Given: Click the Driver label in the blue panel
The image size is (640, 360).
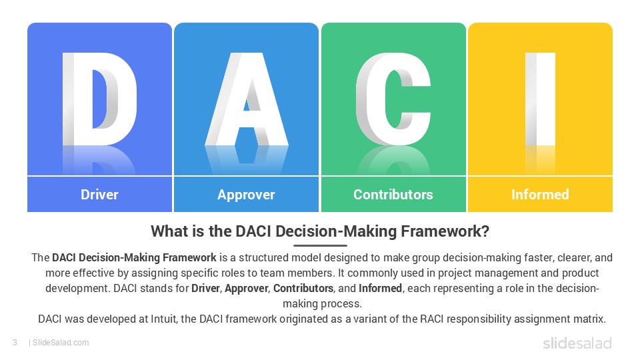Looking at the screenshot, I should coord(99,195).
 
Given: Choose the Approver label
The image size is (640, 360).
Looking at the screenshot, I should coord(246,195).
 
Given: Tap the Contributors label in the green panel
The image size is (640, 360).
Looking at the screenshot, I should coord(393,195).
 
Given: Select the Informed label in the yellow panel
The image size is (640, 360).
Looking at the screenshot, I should coord(540,195).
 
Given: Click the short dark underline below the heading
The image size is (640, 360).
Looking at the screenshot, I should coord(320,245).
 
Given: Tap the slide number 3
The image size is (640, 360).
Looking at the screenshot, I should coord(15,343).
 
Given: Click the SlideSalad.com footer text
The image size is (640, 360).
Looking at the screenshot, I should coord(60,343).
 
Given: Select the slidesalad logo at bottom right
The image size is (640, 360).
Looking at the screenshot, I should coord(577,343).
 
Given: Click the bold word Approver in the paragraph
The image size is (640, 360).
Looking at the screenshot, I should coord(246,289).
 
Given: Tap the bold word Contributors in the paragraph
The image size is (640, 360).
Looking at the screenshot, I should coord(303,289).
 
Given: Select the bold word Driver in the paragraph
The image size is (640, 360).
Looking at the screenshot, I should coord(206,289).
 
